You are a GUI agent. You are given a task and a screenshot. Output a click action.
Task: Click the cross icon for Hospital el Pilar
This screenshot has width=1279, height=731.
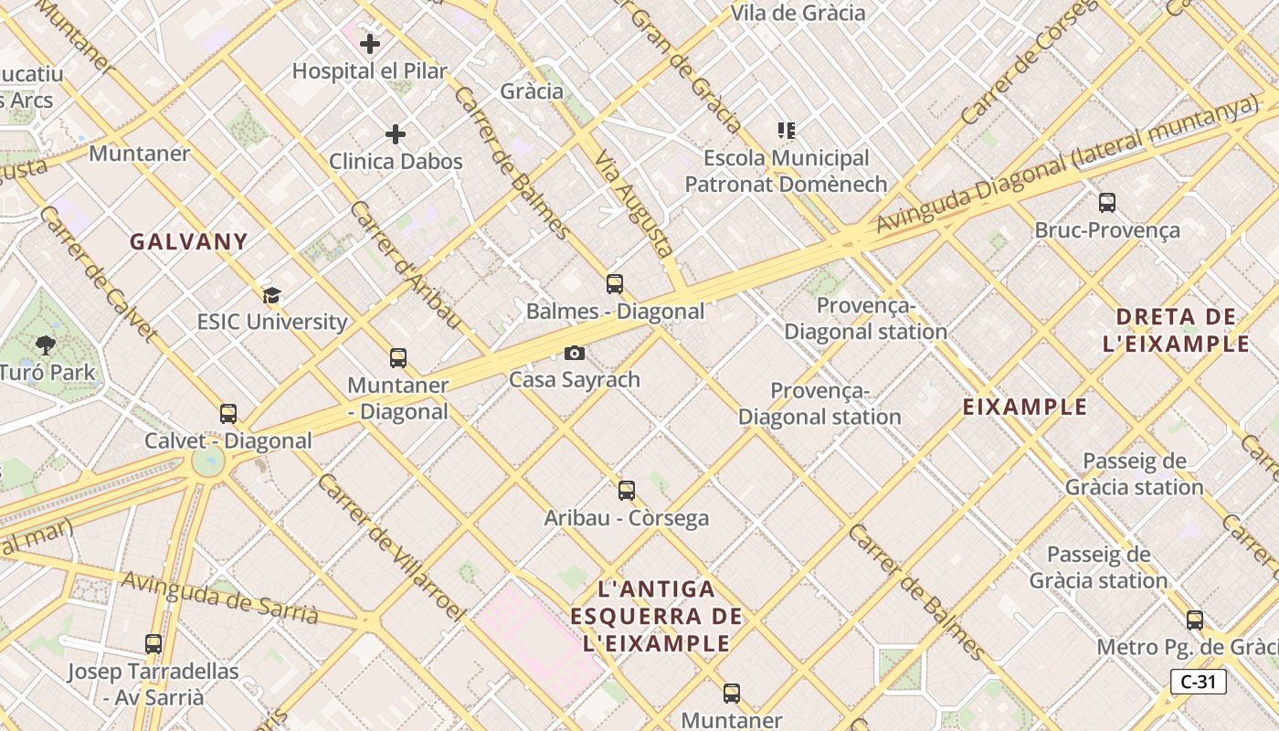tap(370, 43)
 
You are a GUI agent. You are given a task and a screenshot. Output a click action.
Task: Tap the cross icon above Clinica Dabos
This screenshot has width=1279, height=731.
tap(396, 134)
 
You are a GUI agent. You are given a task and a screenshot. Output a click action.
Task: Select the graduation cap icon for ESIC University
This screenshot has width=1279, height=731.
tap(271, 295)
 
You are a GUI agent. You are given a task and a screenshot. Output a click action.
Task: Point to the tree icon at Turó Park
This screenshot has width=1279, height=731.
tap(46, 344)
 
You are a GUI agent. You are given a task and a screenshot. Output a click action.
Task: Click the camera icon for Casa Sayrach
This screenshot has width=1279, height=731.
tap(574, 353)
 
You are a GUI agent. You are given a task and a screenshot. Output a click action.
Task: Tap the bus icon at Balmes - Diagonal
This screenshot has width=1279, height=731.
tap(615, 284)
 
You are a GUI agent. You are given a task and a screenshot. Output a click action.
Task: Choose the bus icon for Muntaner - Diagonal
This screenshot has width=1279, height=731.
tap(398, 358)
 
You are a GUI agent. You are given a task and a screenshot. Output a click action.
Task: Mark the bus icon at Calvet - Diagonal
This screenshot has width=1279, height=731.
tap(228, 414)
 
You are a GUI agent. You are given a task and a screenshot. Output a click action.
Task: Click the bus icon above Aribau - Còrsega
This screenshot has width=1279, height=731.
tap(627, 491)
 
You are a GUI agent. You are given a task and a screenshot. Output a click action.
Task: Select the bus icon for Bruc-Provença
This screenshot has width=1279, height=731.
tap(1107, 203)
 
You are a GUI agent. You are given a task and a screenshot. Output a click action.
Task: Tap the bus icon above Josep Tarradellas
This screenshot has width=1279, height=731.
tap(153, 644)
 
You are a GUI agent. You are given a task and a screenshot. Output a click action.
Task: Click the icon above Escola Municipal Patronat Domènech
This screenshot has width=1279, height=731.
tap(786, 131)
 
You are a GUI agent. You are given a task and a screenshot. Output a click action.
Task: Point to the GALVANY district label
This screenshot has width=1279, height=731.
tap(188, 242)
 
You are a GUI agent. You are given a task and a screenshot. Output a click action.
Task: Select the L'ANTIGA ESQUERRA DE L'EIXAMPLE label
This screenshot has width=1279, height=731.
tap(657, 616)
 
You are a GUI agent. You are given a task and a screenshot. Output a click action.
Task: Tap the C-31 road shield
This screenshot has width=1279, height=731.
tap(1198, 682)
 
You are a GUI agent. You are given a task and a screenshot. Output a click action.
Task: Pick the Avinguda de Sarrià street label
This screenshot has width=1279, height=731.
tap(219, 599)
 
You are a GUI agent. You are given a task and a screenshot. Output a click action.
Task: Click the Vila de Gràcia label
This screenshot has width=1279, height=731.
tap(798, 13)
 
